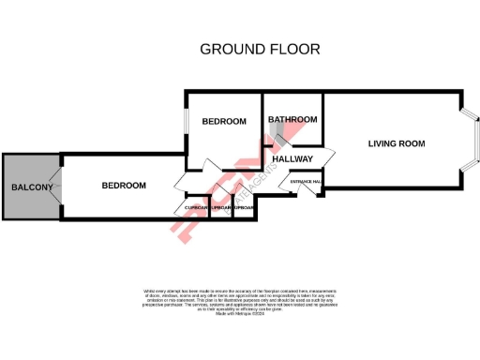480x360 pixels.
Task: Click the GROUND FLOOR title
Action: click(x=260, y=48)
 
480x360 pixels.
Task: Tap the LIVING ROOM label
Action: click(x=397, y=143)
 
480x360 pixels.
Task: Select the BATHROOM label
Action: click(x=292, y=120)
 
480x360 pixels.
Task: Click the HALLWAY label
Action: click(x=292, y=158)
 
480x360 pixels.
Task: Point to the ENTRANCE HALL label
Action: click(x=307, y=181)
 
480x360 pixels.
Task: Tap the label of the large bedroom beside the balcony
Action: click(x=124, y=186)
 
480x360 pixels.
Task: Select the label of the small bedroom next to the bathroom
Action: click(x=224, y=121)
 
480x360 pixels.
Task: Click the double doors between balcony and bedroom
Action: click(x=60, y=187)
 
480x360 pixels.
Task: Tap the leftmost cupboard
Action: click(x=195, y=207)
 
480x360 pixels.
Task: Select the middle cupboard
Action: click(x=221, y=207)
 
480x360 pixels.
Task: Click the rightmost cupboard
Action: click(x=244, y=207)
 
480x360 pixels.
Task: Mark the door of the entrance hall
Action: click(x=307, y=191)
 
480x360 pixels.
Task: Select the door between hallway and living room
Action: click(x=327, y=156)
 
